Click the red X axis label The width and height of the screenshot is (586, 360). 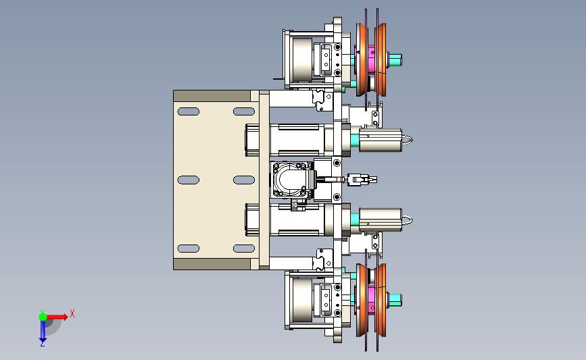[x=72, y=313]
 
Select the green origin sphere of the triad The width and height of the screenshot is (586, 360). [x=43, y=317]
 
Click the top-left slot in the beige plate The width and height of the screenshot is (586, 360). [x=189, y=111]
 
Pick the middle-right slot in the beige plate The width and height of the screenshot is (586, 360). [x=244, y=180]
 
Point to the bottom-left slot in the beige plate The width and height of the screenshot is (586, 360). [x=189, y=249]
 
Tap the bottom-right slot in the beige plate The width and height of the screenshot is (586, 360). [x=244, y=249]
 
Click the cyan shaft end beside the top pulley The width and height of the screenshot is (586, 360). [x=395, y=59]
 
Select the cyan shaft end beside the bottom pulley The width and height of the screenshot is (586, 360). [x=395, y=299]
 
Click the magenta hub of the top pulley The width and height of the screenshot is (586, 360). [x=371, y=59]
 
